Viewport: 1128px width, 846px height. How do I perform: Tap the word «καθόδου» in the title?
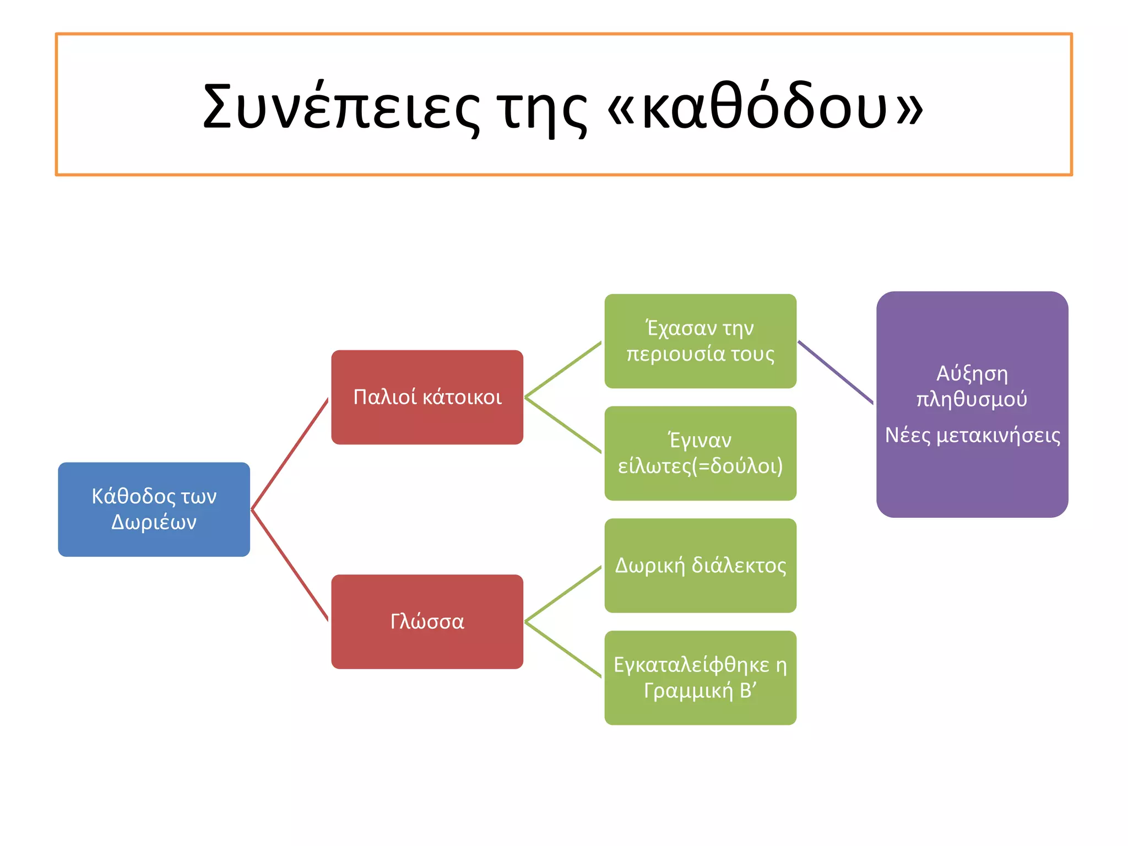766,107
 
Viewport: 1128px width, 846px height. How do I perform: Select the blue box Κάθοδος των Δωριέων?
154,509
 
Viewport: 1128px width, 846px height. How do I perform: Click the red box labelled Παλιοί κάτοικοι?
427,397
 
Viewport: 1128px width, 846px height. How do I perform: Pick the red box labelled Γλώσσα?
427,621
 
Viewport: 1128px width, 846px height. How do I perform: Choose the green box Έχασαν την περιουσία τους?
700,341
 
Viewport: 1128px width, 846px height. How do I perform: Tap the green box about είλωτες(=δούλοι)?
700,453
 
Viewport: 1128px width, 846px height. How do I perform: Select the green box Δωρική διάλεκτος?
700,566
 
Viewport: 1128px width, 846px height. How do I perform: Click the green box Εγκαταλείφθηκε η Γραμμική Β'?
700,677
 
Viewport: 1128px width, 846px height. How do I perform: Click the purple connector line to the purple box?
836,372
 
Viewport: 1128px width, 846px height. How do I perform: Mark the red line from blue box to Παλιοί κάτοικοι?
290,454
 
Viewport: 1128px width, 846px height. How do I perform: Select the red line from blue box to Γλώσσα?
290,565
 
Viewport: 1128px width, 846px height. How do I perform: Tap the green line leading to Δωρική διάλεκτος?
563,594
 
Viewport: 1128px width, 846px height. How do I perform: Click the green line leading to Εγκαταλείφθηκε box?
563,650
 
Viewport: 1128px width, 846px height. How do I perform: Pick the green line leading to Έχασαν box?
563,369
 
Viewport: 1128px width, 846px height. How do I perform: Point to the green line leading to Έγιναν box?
563,425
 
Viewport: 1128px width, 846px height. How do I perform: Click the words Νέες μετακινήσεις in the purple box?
972,436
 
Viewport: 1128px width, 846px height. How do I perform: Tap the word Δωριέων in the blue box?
154,522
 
